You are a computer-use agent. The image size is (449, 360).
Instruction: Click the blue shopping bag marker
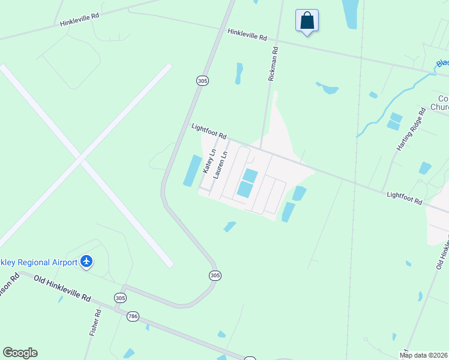[x=307, y=21]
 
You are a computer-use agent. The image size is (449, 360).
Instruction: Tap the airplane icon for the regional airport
[x=87, y=262]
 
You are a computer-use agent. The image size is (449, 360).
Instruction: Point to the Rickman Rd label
[x=273, y=64]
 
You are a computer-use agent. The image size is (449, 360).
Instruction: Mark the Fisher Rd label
[x=94, y=323]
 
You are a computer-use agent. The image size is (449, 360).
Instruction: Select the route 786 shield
[x=133, y=316]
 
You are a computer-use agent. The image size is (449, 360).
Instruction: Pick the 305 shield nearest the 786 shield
[x=120, y=298]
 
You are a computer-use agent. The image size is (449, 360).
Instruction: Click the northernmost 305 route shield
[x=202, y=80]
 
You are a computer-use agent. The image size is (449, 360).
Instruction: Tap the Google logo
[x=20, y=352]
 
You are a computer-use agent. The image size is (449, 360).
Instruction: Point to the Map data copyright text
[x=424, y=355]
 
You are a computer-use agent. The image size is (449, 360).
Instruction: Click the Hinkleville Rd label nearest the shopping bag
[x=247, y=35]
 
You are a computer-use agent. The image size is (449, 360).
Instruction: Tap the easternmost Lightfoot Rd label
[x=404, y=199]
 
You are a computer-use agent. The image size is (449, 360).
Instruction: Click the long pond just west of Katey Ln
[x=192, y=170]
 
